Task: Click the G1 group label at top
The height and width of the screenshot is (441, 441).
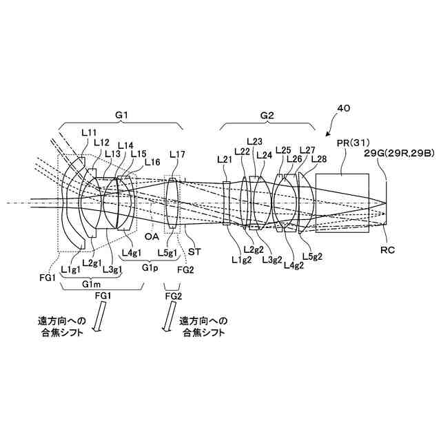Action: [x=121, y=115]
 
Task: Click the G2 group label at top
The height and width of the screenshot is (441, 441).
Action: [x=268, y=115]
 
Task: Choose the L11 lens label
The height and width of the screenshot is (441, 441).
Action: [x=89, y=130]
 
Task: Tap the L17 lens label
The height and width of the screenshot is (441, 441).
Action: [x=177, y=154]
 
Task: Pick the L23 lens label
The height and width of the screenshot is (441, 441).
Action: [x=254, y=141]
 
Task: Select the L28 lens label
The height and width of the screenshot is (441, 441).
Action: [x=319, y=159]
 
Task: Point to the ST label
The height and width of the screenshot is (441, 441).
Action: [x=194, y=253]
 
